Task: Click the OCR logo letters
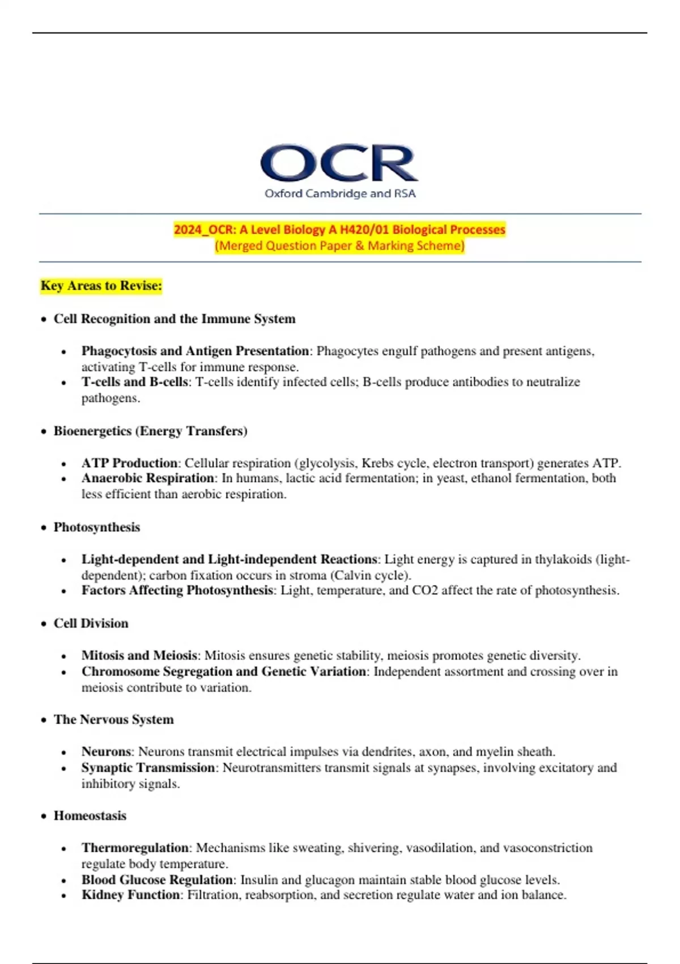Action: point(339,163)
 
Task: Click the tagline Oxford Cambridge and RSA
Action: point(340,193)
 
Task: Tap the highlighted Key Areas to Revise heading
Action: point(101,285)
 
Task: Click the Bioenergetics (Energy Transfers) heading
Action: point(150,431)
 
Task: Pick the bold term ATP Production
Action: point(129,463)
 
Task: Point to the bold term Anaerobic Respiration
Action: point(147,478)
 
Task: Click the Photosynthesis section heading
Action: point(96,527)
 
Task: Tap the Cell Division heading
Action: point(91,623)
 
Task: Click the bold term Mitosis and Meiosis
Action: point(139,656)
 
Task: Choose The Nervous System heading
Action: point(113,720)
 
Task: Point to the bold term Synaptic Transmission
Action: point(147,768)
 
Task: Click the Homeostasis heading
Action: point(90,815)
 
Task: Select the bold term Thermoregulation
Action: point(135,848)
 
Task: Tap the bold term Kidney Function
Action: point(130,895)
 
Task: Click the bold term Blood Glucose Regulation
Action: point(157,880)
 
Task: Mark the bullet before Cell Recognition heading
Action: point(44,320)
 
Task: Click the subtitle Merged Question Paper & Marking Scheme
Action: point(339,246)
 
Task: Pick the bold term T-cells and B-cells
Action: point(134,382)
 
